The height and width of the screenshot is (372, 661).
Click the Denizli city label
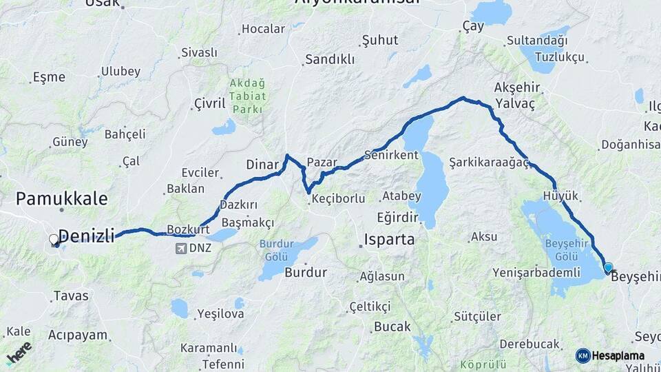click(x=86, y=236)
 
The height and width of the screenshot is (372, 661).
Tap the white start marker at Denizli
click(x=54, y=240)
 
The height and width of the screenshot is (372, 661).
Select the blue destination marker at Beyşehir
click(x=608, y=267)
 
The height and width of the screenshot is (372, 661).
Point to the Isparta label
click(x=389, y=240)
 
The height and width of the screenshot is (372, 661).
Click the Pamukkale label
click(x=61, y=199)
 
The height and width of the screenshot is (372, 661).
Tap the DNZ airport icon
click(x=181, y=248)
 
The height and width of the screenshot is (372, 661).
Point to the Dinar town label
click(x=262, y=165)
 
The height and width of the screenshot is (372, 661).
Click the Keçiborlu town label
click(x=338, y=198)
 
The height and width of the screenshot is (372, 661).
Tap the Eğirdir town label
click(x=398, y=217)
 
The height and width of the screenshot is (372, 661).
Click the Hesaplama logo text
click(x=618, y=355)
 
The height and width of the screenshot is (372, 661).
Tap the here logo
click(x=19, y=353)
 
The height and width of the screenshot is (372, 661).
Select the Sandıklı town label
click(x=330, y=60)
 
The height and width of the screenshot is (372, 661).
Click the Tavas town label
click(x=71, y=296)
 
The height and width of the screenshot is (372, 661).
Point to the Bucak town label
click(x=392, y=327)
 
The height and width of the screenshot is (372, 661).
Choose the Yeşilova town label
click(x=220, y=314)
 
